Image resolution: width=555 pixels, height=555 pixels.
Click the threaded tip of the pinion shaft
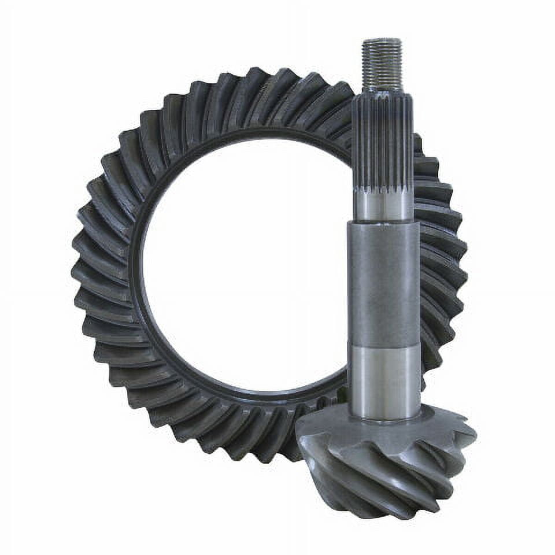click(382, 64)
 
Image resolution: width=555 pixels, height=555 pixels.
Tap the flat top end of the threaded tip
click(382, 40)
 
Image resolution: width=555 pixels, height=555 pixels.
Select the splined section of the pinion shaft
click(383, 139)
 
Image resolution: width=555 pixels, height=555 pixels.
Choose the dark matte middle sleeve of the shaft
click(384, 283)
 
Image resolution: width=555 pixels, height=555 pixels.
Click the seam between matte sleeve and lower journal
click(384, 346)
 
